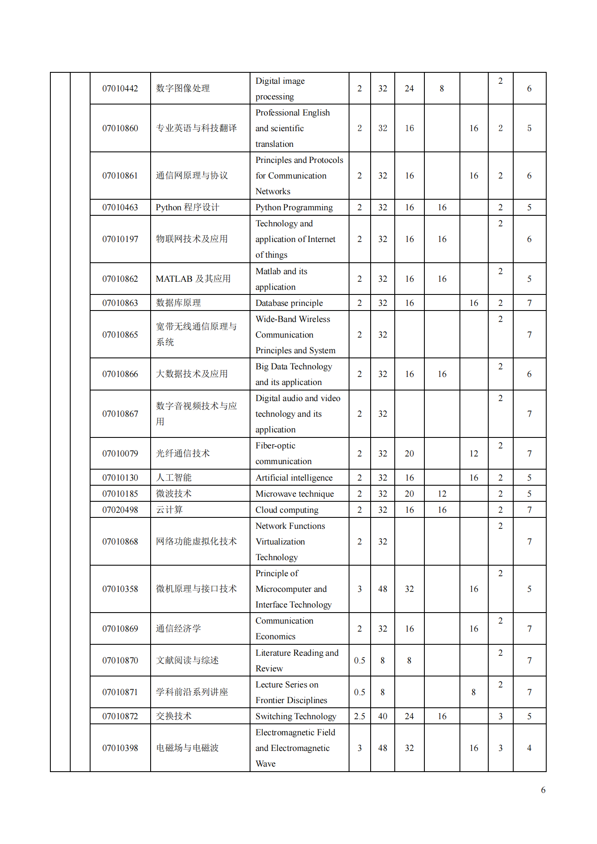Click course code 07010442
120,88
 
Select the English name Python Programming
294,207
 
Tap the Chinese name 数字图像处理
183,88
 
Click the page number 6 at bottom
543,790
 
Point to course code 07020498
120,510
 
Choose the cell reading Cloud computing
287,510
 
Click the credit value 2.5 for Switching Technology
360,716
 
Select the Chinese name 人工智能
174,478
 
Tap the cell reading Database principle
289,303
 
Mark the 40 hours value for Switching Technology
382,716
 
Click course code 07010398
120,748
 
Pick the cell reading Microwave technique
294,494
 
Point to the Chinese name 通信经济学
179,629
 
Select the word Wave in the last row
265,764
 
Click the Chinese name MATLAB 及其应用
193,279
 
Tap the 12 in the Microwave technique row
442,494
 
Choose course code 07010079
120,454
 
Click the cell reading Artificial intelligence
294,478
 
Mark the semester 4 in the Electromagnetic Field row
529,748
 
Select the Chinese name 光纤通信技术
183,454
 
